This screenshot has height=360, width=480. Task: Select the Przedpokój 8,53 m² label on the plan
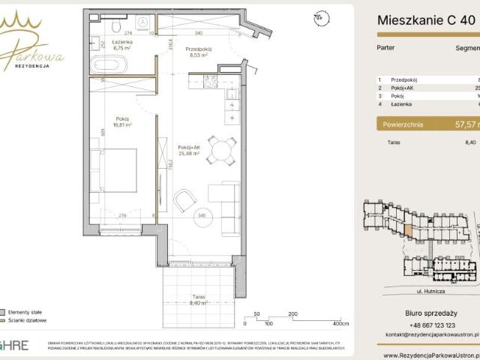(x=199, y=52)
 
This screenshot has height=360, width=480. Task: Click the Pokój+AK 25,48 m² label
(x=190, y=152)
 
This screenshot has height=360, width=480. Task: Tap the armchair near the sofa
(x=185, y=199)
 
